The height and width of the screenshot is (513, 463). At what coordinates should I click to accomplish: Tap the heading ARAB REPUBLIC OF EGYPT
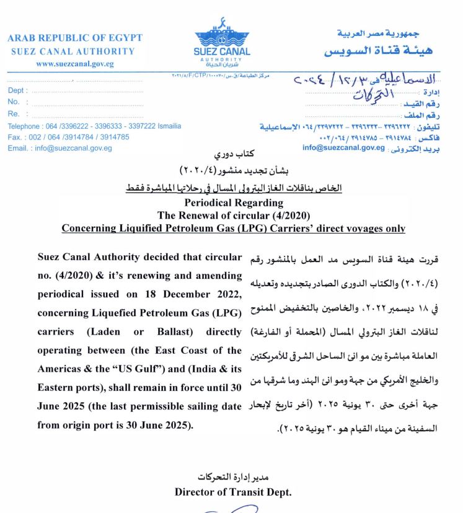(75, 38)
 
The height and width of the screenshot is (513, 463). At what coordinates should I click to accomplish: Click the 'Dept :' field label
(16, 91)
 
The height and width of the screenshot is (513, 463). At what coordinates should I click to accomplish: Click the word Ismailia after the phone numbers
(167, 126)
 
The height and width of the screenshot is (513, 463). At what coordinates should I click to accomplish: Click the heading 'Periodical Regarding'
(234, 203)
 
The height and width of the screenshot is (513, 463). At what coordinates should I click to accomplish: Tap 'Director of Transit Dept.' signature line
(233, 492)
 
